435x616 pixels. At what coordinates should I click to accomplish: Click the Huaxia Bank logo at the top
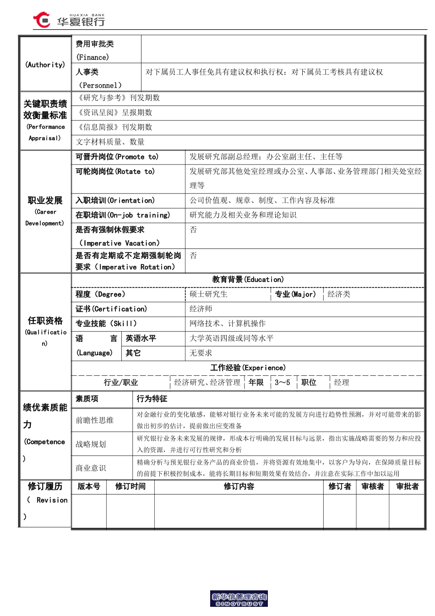69,20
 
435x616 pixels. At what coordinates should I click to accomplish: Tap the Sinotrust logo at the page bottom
239,599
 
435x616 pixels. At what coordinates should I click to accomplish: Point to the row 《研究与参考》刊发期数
119,98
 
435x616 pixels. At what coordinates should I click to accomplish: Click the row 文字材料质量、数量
110,142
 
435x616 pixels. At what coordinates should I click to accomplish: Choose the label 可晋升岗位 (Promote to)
117,157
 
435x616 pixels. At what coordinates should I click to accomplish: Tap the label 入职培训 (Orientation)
115,200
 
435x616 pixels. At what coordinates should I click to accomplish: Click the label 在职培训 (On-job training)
123,215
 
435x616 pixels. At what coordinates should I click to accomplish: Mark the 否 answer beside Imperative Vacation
193,230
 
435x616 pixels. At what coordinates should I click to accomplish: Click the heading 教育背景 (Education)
248,280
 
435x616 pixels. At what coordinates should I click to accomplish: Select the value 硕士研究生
208,294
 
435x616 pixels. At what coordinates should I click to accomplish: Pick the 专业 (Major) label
295,294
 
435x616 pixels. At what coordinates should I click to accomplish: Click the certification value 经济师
201,309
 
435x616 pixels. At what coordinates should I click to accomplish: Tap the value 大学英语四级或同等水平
231,338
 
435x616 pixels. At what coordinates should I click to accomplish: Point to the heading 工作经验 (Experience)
248,368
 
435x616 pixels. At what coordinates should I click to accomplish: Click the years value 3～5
282,382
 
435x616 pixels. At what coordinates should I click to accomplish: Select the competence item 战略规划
91,444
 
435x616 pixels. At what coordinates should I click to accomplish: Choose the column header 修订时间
130,486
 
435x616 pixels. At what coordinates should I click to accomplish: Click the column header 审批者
407,486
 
